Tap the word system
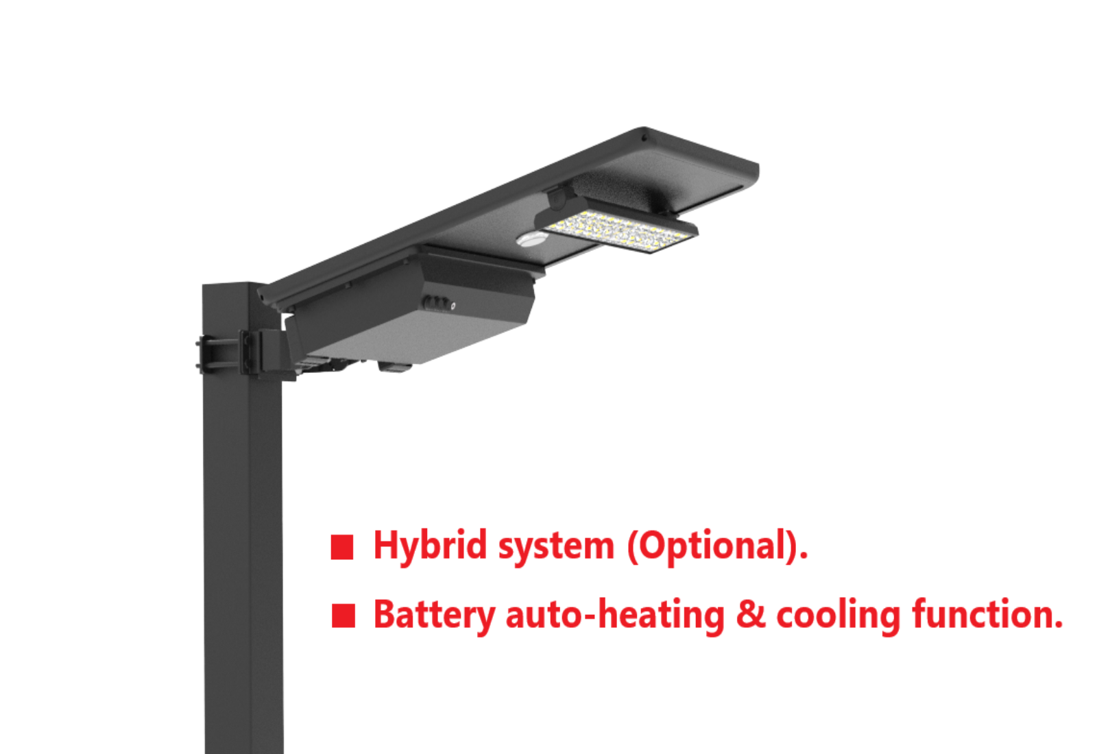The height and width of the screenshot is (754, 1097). pyautogui.click(x=556, y=549)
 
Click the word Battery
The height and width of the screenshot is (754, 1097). pyautogui.click(x=435, y=616)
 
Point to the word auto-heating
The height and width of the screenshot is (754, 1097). pyautogui.click(x=615, y=616)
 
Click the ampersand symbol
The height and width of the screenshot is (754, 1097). pyautogui.click(x=750, y=614)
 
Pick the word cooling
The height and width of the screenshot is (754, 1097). pyautogui.click(x=839, y=616)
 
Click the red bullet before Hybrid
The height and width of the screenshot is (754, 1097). pyautogui.click(x=342, y=548)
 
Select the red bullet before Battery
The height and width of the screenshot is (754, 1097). pyautogui.click(x=343, y=616)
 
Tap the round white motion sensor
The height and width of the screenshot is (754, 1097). pyautogui.click(x=532, y=239)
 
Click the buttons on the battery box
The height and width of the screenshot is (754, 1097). pyautogui.click(x=438, y=304)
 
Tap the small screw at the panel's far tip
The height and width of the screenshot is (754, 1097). pyautogui.click(x=644, y=138)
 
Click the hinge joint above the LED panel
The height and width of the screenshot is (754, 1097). pyautogui.click(x=559, y=198)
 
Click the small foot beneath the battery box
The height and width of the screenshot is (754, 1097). pyautogui.click(x=394, y=367)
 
